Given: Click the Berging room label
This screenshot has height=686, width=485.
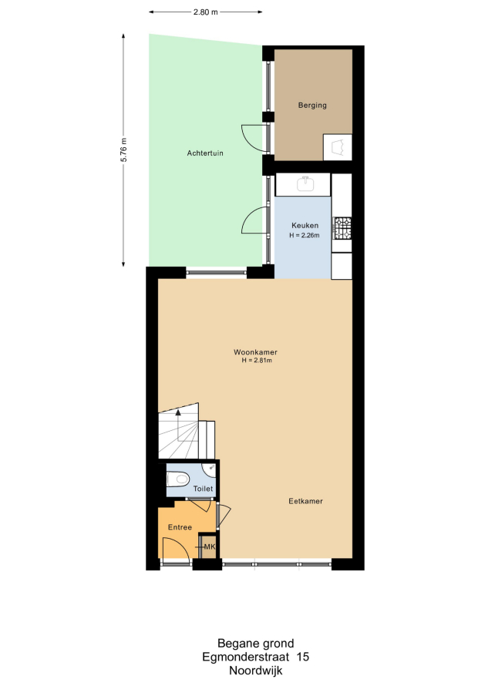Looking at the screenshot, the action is (x=312, y=105).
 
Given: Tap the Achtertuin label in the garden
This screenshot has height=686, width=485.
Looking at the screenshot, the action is (x=205, y=153).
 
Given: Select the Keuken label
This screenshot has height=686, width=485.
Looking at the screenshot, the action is (x=305, y=225).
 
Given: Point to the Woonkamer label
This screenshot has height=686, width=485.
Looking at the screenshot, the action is (x=255, y=351).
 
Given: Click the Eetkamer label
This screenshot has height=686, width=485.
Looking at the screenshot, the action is (x=305, y=501).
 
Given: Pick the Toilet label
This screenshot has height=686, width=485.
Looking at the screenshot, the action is (x=203, y=489).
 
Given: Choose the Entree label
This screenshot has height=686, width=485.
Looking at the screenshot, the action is (x=180, y=527).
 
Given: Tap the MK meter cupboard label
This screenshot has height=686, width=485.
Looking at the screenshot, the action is (x=210, y=546).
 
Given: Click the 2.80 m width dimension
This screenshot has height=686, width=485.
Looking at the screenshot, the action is (x=206, y=12).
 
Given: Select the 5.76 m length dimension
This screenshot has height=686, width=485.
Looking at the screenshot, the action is (x=124, y=150).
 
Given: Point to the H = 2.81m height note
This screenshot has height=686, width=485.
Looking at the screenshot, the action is (x=257, y=361).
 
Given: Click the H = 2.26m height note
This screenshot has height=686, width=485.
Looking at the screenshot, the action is (x=305, y=235).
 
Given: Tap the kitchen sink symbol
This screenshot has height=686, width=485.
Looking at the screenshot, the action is (x=305, y=183).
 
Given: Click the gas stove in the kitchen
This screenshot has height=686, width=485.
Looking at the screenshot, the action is (x=342, y=228).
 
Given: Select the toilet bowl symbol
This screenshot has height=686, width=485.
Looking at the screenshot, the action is (x=178, y=479).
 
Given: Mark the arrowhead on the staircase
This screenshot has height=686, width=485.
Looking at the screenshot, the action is (x=178, y=412).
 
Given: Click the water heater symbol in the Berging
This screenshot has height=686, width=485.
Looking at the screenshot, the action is (x=338, y=147).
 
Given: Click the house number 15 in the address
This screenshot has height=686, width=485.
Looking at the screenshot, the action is (x=302, y=657).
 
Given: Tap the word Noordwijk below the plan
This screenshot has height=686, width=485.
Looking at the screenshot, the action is (x=256, y=671).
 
